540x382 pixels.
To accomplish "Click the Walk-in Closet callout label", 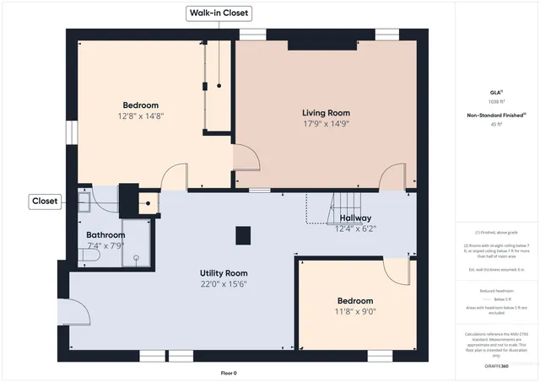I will point(219,13).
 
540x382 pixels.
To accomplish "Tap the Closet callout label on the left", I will point(44,201).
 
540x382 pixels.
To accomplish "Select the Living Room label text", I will point(326,112).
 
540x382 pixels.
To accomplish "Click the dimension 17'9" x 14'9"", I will point(326,123).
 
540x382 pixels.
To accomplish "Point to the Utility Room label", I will point(223,273).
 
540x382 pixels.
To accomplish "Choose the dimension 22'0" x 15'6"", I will point(223,284).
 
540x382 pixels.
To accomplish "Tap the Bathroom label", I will point(105,235).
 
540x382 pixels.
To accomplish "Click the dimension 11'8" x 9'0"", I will point(356,311).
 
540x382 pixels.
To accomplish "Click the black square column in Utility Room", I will point(242,234).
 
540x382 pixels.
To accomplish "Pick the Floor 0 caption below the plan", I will point(229,372).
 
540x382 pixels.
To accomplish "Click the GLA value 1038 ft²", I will point(495,101).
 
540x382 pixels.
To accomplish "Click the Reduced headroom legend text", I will point(495,290).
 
